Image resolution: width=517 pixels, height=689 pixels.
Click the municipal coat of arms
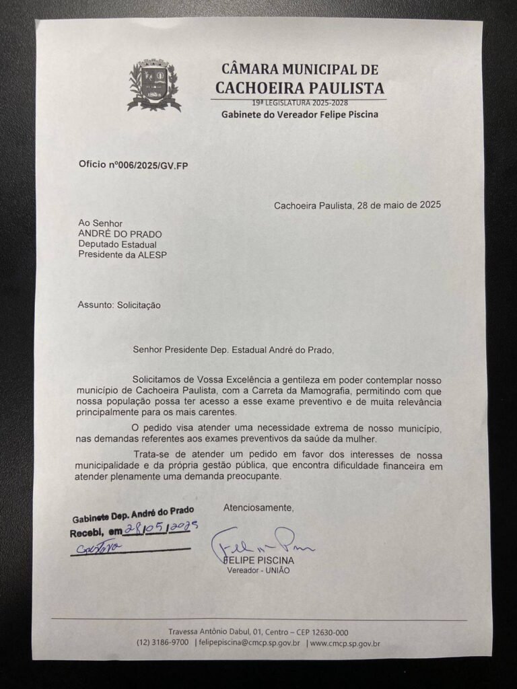tap(154, 85)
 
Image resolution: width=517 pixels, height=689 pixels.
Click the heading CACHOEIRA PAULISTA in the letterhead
tap(300, 87)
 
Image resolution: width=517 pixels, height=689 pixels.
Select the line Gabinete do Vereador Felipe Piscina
tap(300, 114)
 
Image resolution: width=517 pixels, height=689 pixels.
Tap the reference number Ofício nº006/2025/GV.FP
tap(133, 164)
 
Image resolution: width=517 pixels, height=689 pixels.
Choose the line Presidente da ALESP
tap(122, 254)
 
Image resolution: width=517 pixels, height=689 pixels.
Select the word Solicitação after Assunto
tap(139, 305)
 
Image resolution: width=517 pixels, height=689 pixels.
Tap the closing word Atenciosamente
tap(258, 507)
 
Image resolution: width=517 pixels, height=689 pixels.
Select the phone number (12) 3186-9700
tap(162, 643)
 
